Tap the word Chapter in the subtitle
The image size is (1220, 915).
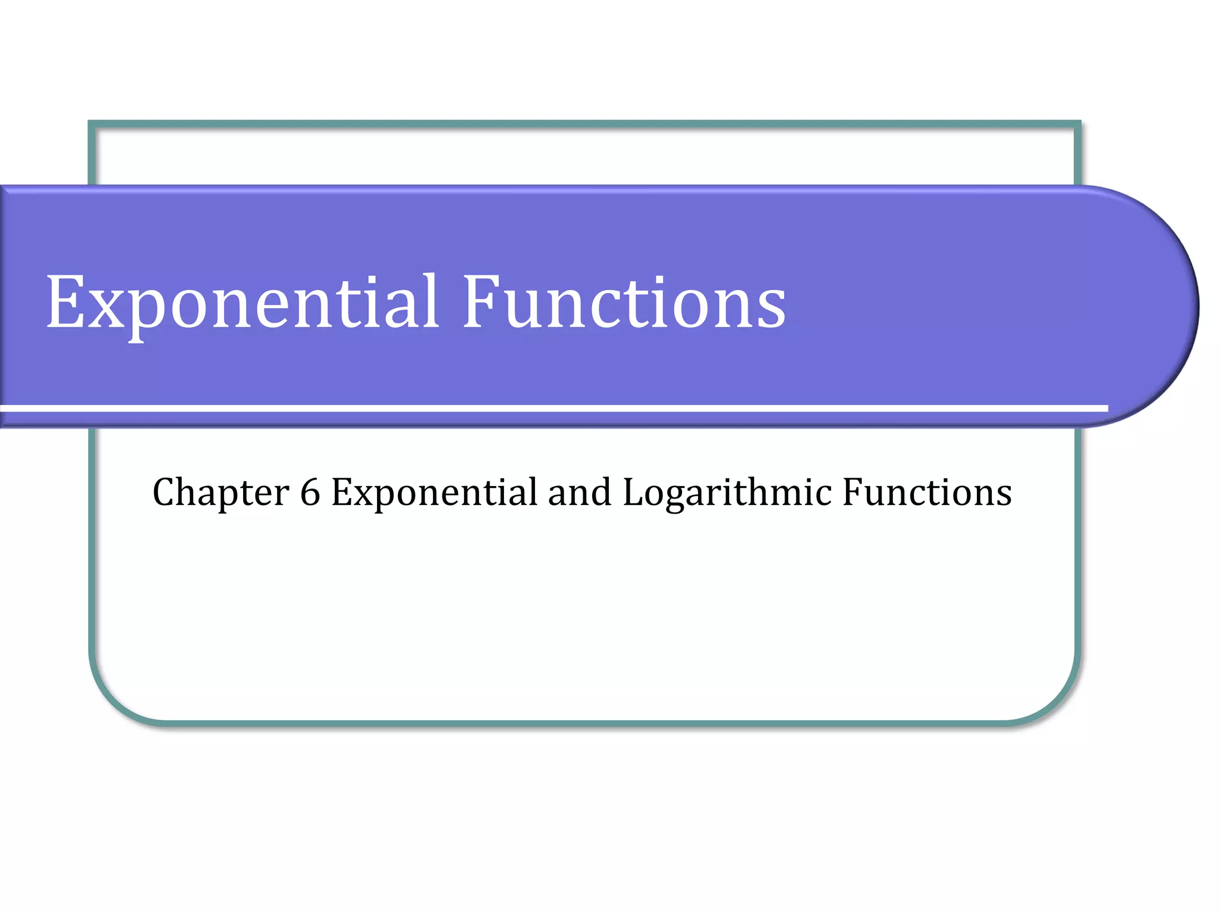(x=220, y=493)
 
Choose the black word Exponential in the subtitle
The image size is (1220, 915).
(x=434, y=493)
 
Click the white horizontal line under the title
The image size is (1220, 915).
(x=554, y=408)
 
